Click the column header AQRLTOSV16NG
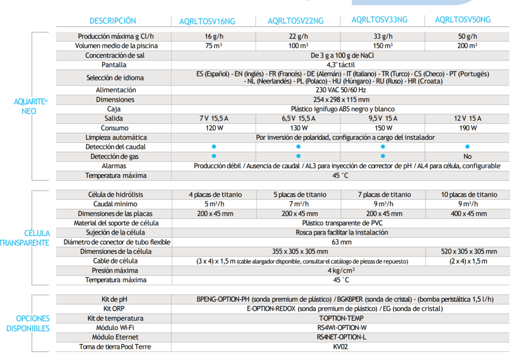(x=213, y=21)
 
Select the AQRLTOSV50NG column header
(x=463, y=20)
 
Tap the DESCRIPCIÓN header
(x=113, y=21)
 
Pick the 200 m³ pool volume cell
(x=467, y=46)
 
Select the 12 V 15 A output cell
(x=467, y=119)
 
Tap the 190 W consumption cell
(x=467, y=128)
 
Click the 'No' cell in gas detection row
(x=467, y=157)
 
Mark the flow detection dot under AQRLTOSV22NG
(x=298, y=147)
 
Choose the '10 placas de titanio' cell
(x=467, y=194)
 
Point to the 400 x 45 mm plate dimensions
(x=467, y=214)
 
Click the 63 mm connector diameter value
(x=341, y=242)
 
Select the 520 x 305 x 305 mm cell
(x=467, y=251)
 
